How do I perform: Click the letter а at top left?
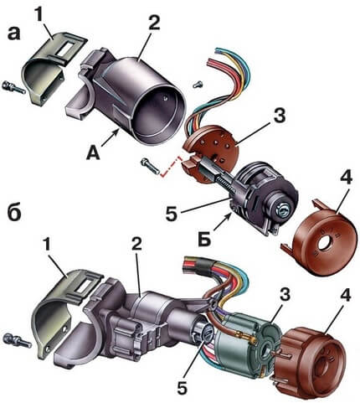coord(14,34)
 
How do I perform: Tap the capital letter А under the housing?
coord(93,153)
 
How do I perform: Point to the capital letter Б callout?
coord(204,240)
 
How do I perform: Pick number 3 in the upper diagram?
coord(280,116)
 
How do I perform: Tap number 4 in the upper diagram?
coord(346,176)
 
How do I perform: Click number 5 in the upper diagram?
coord(172,212)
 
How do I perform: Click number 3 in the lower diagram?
coord(284,295)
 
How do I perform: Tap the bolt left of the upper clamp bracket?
coord(13,87)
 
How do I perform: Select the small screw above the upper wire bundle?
coord(198,85)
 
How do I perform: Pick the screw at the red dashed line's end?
coord(150,166)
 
